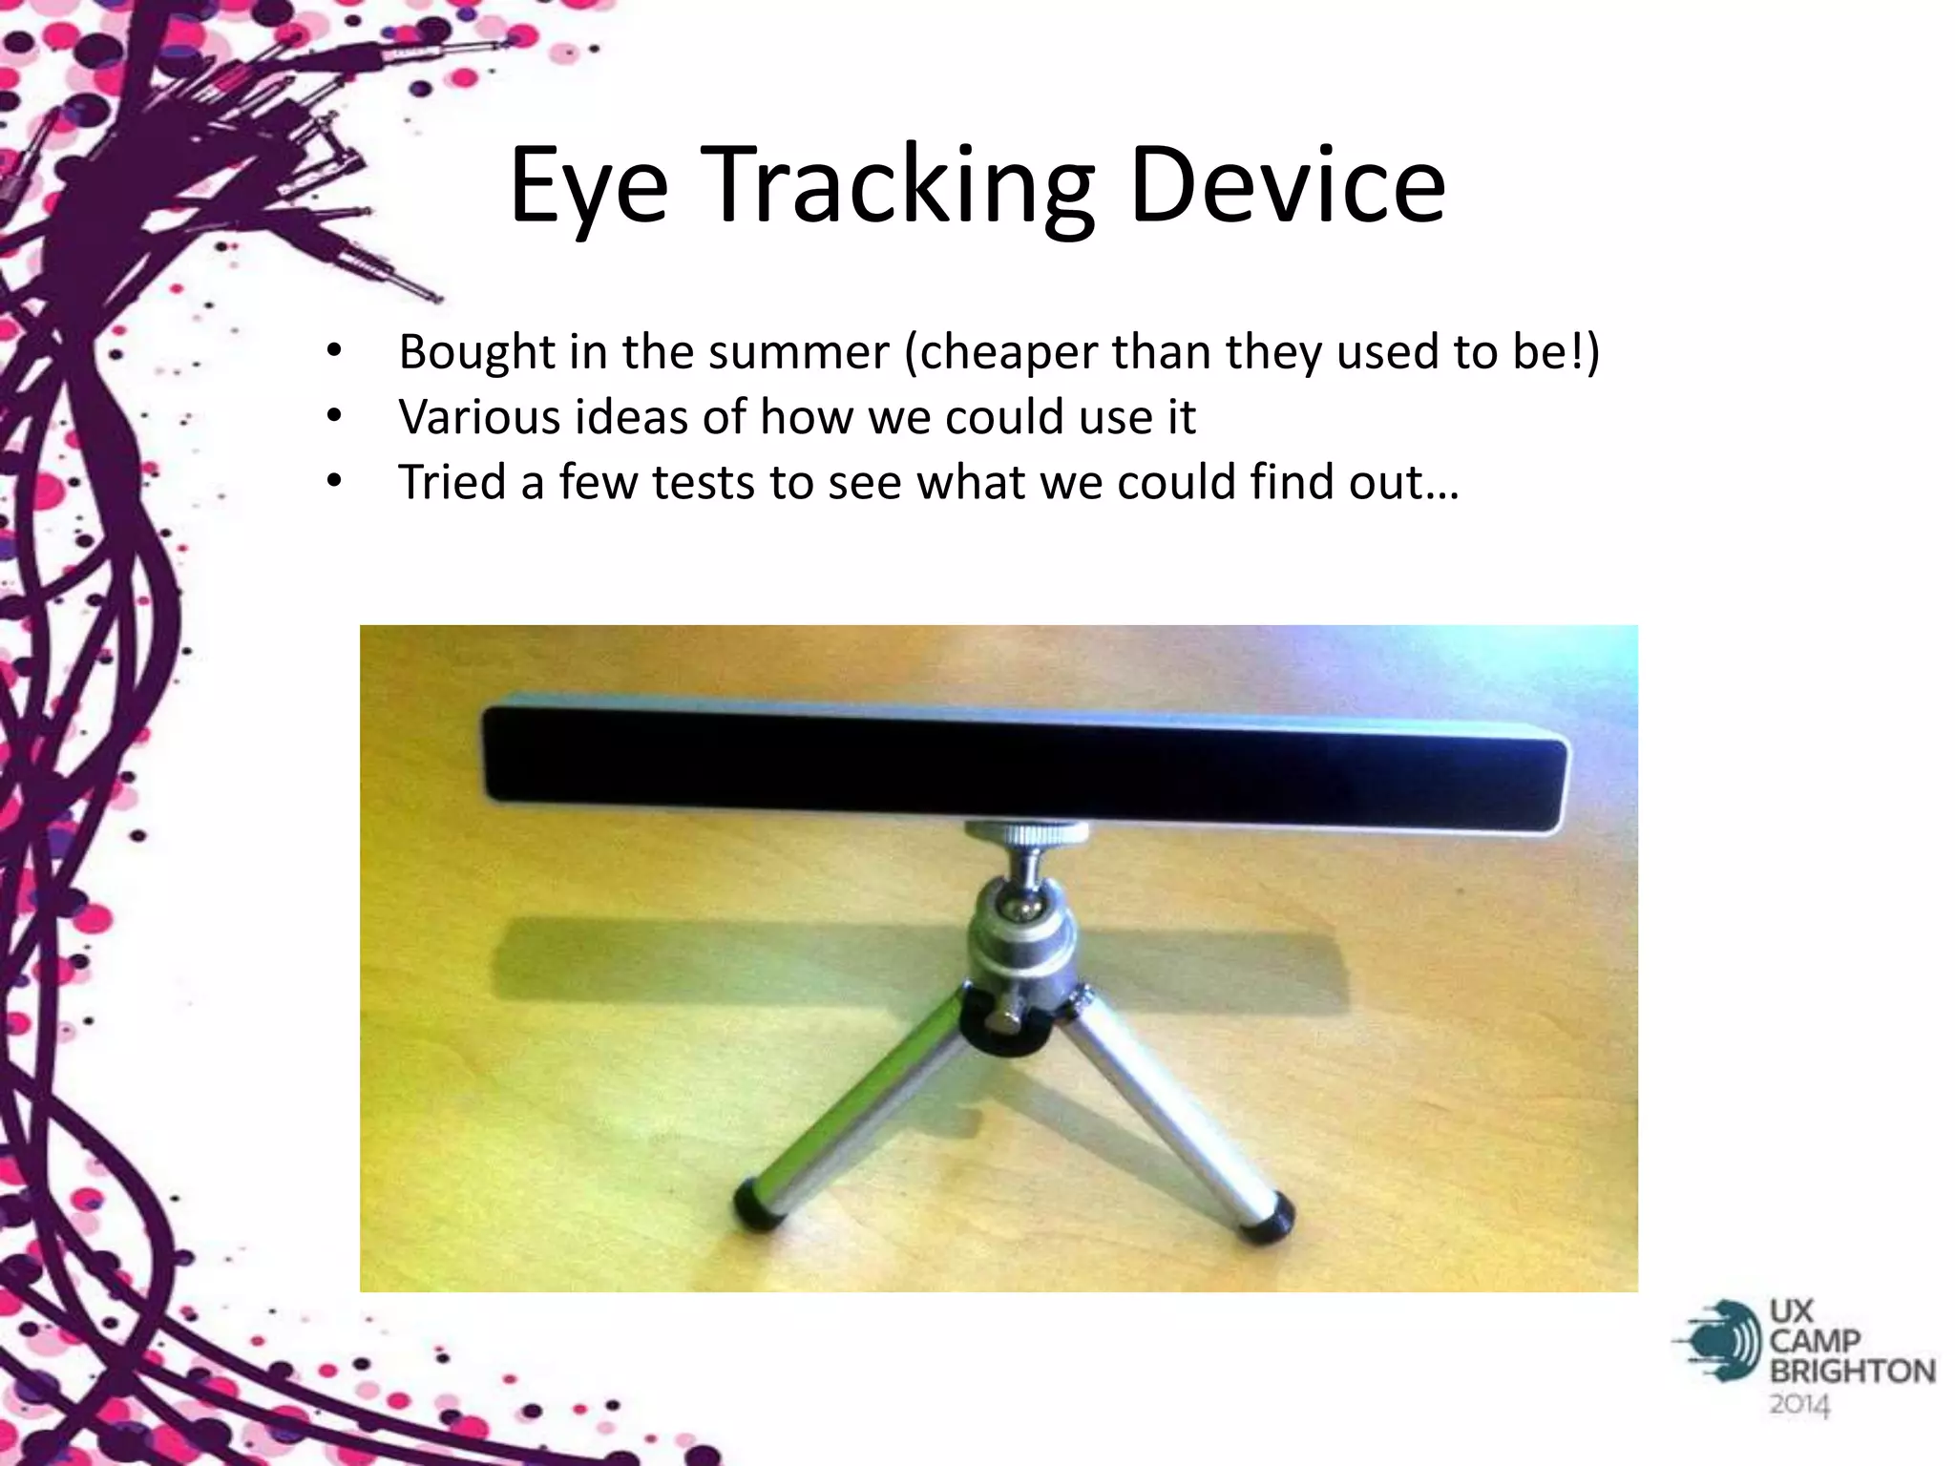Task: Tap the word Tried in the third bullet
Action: click(x=452, y=482)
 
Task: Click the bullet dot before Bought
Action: click(x=333, y=351)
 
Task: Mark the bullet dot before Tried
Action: click(x=333, y=481)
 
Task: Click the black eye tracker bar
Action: click(x=1021, y=764)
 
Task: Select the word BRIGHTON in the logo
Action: click(x=1852, y=1372)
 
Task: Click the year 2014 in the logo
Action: click(x=1799, y=1405)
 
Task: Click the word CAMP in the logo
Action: click(x=1814, y=1341)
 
